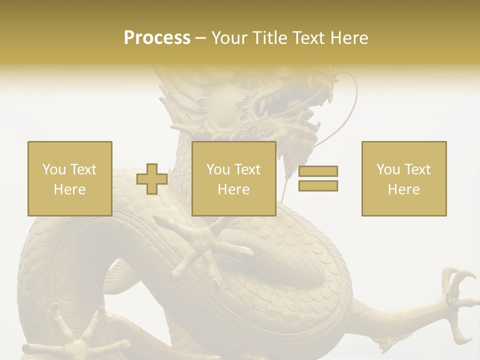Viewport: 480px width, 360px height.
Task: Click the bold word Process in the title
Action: click(157, 38)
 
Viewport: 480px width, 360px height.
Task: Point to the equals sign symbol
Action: click(318, 178)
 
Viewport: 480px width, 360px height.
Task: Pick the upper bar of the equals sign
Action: click(318, 171)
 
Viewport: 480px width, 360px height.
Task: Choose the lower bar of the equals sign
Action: click(318, 186)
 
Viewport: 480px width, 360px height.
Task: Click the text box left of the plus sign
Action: click(69, 178)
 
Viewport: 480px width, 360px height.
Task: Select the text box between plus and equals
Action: click(233, 178)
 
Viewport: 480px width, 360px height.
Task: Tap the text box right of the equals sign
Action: click(403, 178)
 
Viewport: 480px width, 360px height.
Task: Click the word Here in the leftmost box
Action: click(69, 189)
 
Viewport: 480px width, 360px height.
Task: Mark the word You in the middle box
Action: click(217, 169)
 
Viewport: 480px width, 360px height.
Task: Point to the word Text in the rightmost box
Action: click(417, 169)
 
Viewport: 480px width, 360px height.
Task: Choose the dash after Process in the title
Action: click(200, 38)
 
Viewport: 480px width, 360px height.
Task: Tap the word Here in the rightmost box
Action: click(403, 189)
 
